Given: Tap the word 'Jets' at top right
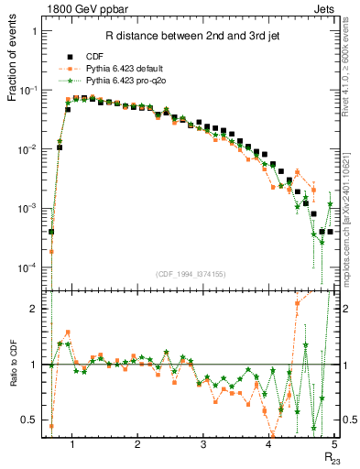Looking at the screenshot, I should tap(322, 8).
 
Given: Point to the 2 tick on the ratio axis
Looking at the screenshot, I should tap(36, 309).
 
